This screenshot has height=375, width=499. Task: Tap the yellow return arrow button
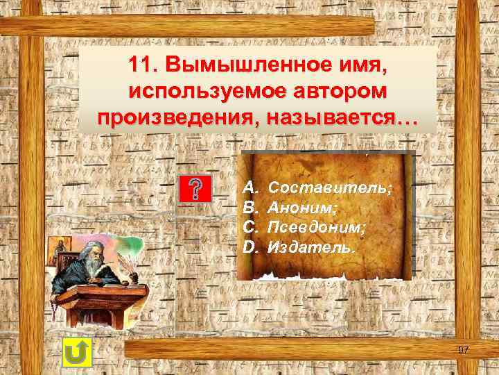coord(77,355)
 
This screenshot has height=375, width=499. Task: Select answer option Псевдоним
coord(317,227)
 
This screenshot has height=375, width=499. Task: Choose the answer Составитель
coord(329,187)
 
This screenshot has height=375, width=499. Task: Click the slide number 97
coord(463,349)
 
